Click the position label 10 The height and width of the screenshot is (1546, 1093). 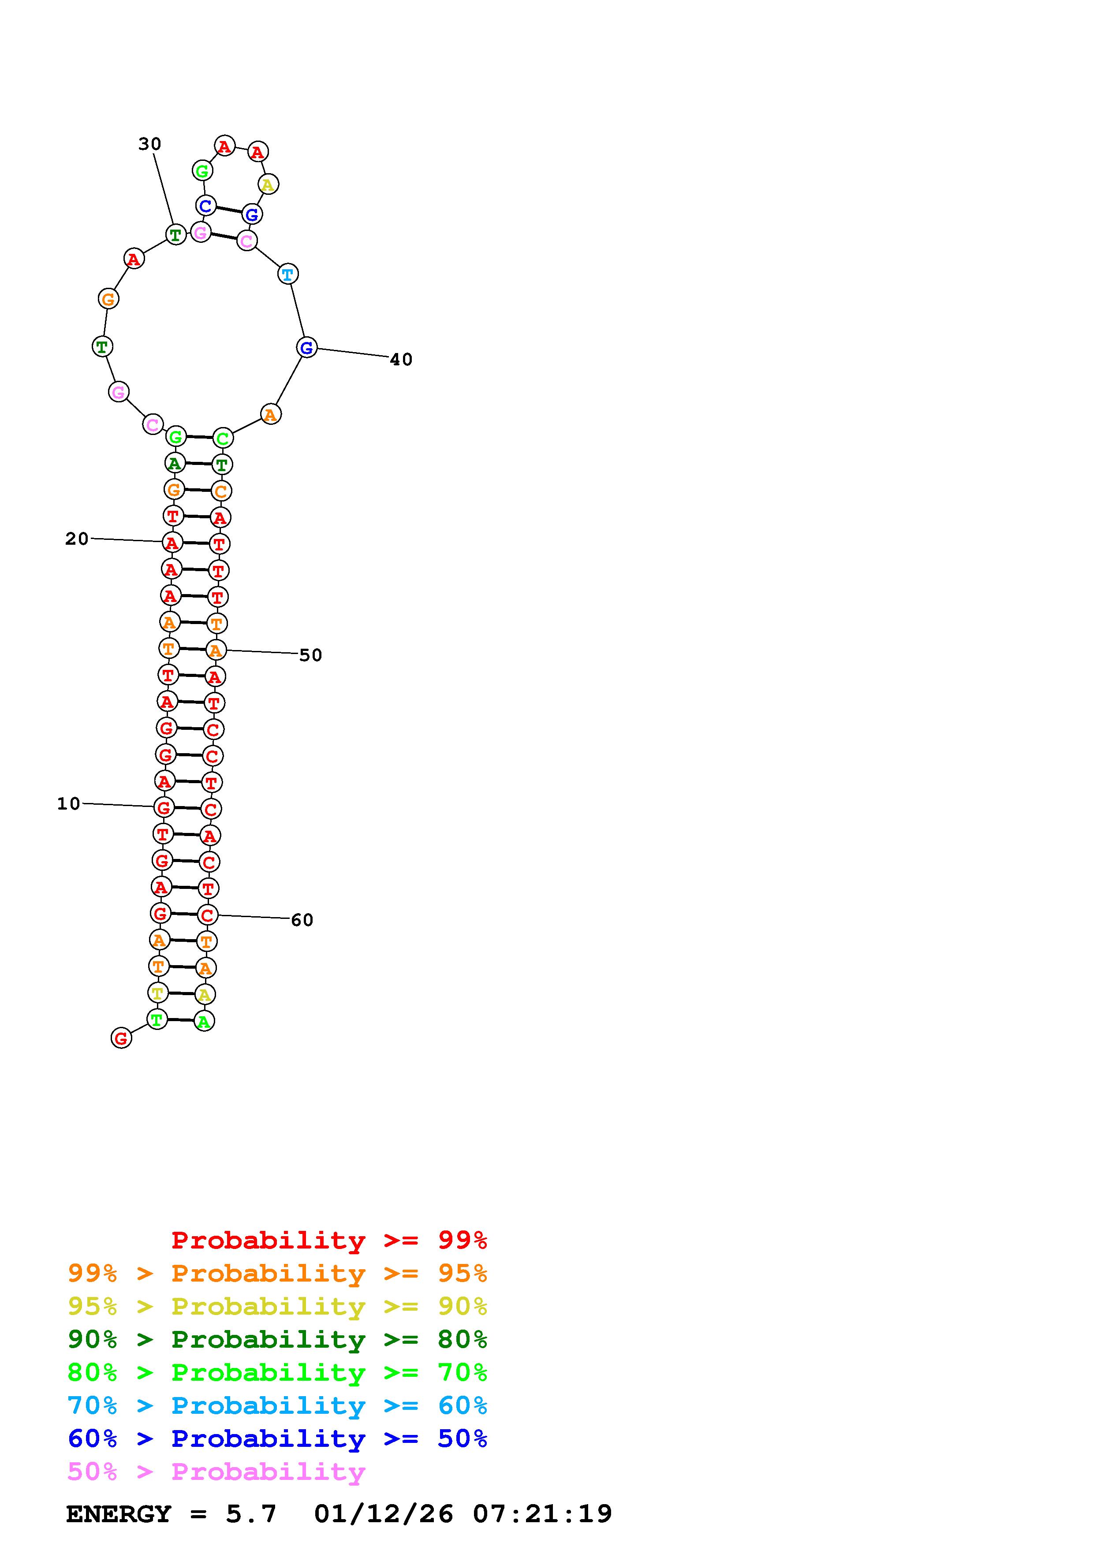pyautogui.click(x=69, y=803)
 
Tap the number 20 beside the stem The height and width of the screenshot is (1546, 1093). pyautogui.click(x=77, y=539)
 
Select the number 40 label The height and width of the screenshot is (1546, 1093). pyautogui.click(x=401, y=360)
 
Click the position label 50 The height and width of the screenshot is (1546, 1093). pyautogui.click(x=310, y=655)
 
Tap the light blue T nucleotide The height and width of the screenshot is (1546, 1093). pyautogui.click(x=287, y=274)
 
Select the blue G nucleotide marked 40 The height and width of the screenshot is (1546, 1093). pyautogui.click(x=306, y=347)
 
